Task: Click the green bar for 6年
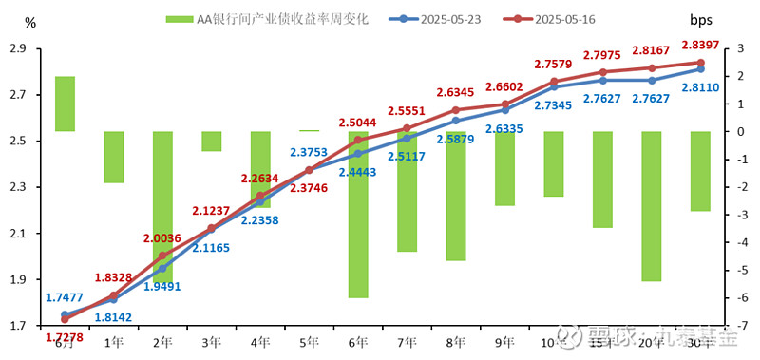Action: pyautogui.click(x=358, y=214)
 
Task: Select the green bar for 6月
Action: pyautogui.click(x=65, y=104)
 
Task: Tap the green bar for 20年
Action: pyautogui.click(x=652, y=206)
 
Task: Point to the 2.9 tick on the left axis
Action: pyautogui.click(x=18, y=49)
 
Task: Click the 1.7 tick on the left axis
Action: pyautogui.click(x=18, y=326)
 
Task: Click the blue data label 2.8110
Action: pyautogui.click(x=699, y=87)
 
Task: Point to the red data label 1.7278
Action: pyautogui.click(x=65, y=337)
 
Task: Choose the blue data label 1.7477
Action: pyautogui.click(x=65, y=297)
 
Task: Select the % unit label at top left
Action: pyautogui.click(x=30, y=21)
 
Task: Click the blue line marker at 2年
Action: pyautogui.click(x=162, y=268)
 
